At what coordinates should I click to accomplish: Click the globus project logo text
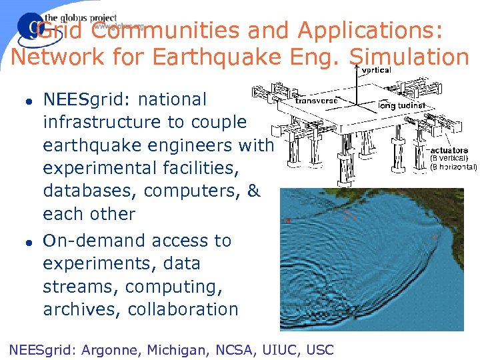pos(80,19)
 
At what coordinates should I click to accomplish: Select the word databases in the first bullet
pos(90,191)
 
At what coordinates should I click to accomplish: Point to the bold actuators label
pos(449,150)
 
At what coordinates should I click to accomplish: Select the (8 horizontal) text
pos(453,167)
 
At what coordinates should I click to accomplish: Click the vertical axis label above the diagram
pos(377,70)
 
